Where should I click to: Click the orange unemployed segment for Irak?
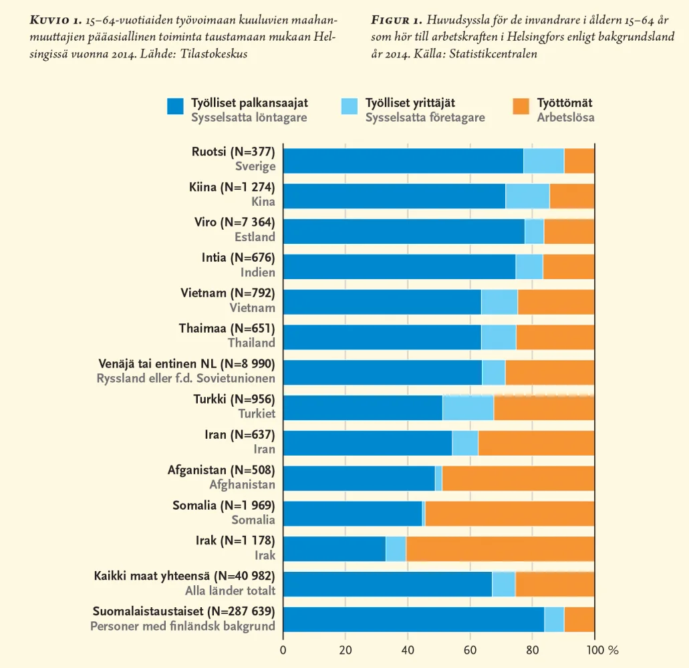click(x=500, y=548)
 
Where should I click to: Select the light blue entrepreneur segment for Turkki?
click(x=468, y=407)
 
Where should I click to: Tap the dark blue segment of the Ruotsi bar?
click(x=403, y=160)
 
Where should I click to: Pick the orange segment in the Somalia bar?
click(x=509, y=513)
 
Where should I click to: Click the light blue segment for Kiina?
click(x=527, y=195)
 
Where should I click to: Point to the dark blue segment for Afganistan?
click(x=359, y=478)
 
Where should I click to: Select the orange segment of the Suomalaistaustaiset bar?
click(x=579, y=619)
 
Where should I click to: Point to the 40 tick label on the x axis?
click(x=408, y=650)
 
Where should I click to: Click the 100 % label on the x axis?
click(x=603, y=650)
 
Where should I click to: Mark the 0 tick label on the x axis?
click(x=283, y=650)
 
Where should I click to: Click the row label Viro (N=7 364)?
click(x=237, y=222)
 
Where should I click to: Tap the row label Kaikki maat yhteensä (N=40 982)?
click(x=184, y=576)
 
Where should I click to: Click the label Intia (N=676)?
click(x=238, y=257)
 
